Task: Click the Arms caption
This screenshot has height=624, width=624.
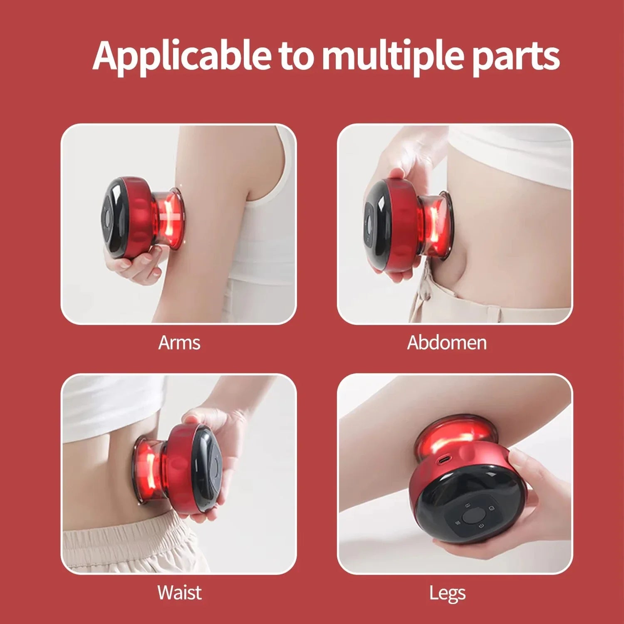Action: tap(179, 343)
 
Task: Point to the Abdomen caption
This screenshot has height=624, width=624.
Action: tap(446, 343)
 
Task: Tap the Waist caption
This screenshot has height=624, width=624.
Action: tap(179, 592)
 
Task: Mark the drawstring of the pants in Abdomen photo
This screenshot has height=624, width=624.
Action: tap(424, 287)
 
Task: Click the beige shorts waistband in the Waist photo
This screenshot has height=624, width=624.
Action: tap(125, 532)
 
